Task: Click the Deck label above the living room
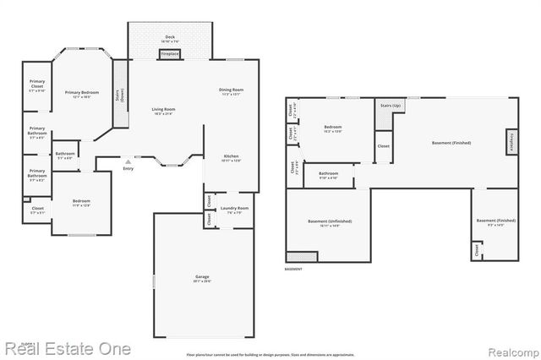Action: tap(170, 37)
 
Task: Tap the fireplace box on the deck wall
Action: tap(170, 55)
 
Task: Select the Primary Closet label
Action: tap(37, 85)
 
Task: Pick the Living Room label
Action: tap(163, 111)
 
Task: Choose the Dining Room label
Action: tap(231, 91)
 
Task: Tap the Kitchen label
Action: tap(231, 158)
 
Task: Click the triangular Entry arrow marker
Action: tap(128, 160)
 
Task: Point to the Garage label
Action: tap(202, 278)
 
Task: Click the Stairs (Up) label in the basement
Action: tap(391, 106)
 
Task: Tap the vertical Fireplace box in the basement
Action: tap(511, 142)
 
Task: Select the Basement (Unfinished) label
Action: tap(329, 223)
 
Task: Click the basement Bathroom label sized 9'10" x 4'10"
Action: tap(328, 175)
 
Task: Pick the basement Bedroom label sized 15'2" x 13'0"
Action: tap(332, 128)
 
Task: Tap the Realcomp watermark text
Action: tap(504, 348)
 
